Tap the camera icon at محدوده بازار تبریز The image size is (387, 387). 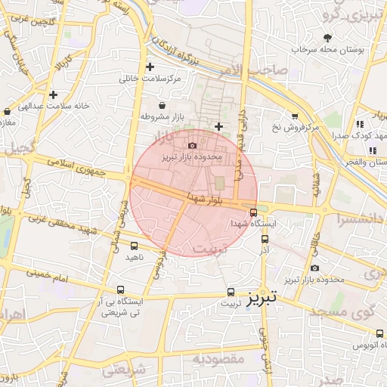192,145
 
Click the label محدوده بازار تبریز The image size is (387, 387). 192,158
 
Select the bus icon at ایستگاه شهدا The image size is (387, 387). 253,212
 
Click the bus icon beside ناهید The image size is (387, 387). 135,246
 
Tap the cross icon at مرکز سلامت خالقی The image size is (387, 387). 150,67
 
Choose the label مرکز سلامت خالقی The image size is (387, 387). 150,79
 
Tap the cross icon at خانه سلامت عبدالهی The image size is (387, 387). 53,94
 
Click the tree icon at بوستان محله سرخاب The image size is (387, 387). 327,37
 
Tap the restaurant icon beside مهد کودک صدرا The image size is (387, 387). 360,123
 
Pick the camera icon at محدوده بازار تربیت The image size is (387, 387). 315,268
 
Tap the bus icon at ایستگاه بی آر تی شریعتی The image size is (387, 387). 121,289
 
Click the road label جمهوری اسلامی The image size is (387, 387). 77,164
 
